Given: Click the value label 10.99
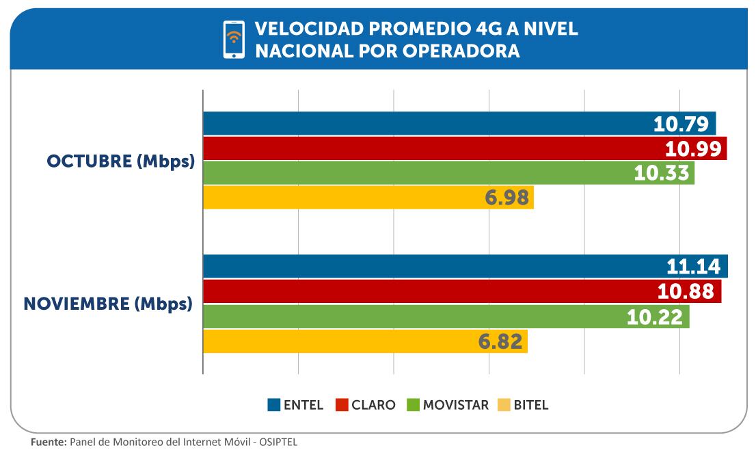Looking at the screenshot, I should (693, 148).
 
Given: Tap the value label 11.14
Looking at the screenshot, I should (694, 266).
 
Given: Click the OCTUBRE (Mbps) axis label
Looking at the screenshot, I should (120, 162).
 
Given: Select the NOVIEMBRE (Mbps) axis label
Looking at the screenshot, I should (108, 304).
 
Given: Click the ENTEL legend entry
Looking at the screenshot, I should (295, 405).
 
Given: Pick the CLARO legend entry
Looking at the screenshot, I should (366, 405).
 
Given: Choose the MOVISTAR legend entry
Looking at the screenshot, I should (448, 405).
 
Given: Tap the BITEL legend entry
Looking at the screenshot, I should (523, 405).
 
